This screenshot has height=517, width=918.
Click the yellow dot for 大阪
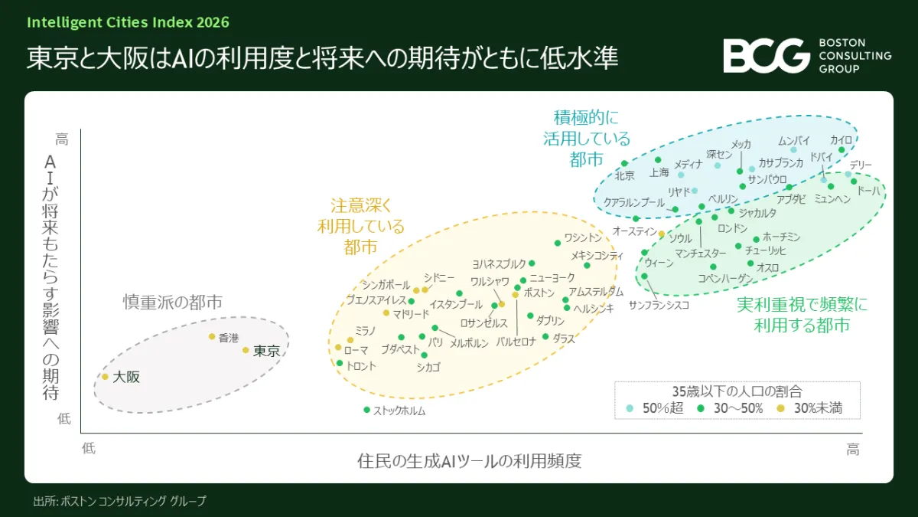coord(105,377)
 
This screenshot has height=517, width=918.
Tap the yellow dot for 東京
coord(246,350)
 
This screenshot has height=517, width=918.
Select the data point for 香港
coord(212,336)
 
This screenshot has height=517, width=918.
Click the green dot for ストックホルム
coord(366,410)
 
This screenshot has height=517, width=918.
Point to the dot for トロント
coord(340,363)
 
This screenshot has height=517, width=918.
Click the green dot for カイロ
coord(841,150)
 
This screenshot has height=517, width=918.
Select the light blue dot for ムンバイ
coord(793,150)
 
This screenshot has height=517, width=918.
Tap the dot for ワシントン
coord(558,243)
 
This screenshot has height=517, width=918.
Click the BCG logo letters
coord(767,56)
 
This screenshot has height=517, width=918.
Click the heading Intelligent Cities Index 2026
coord(128,22)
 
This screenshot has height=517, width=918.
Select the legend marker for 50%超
coord(630,408)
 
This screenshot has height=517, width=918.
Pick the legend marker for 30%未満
coord(781,408)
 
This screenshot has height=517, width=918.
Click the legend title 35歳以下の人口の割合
coord(737,391)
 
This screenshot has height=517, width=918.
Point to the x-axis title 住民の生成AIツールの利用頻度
coord(469,461)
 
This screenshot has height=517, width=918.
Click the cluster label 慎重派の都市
coord(173,302)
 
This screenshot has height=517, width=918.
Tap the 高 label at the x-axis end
coord(853,450)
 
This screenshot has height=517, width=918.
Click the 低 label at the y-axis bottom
coord(64,418)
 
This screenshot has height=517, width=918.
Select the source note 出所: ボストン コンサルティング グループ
coord(119,501)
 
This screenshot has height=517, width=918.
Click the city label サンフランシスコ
coord(659,305)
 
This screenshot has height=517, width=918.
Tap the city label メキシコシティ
coord(597,255)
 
